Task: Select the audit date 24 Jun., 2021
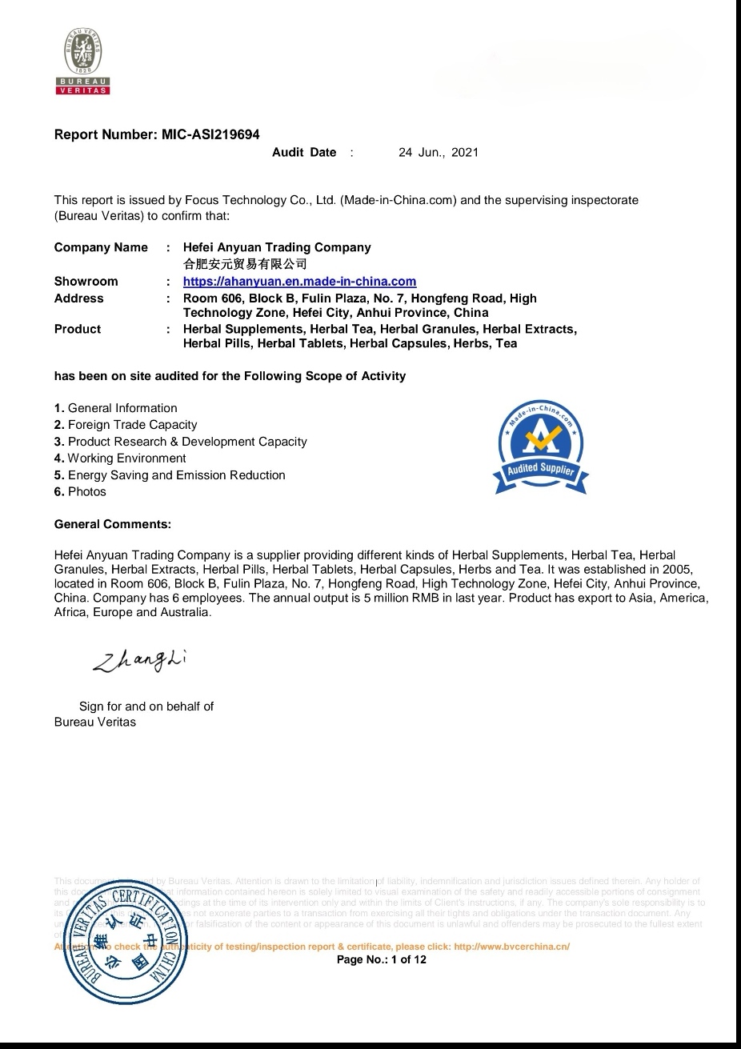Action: [438, 152]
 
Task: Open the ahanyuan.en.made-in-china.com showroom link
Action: [299, 281]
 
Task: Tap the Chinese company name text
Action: [245, 263]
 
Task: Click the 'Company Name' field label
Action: [101, 247]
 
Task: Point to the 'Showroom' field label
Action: [86, 281]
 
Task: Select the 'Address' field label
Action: [78, 298]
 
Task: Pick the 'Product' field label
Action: [78, 329]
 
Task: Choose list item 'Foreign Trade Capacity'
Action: [132, 425]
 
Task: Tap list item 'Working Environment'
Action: [126, 458]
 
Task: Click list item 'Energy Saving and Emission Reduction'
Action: [176, 475]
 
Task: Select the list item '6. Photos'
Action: [80, 492]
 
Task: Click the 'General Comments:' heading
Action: [112, 524]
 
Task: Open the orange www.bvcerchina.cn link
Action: [511, 947]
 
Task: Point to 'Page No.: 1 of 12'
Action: [381, 959]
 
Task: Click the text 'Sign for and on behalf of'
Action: [146, 707]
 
